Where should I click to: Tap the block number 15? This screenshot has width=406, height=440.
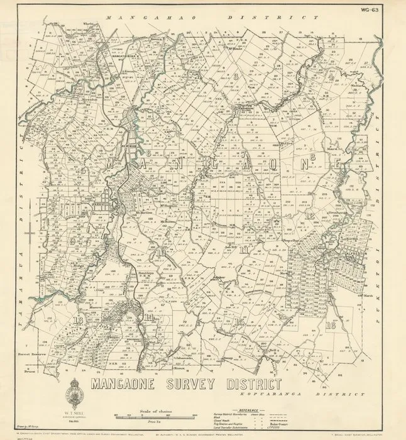click(x=239, y=321)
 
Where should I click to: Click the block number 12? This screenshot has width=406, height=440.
click(x=309, y=216)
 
